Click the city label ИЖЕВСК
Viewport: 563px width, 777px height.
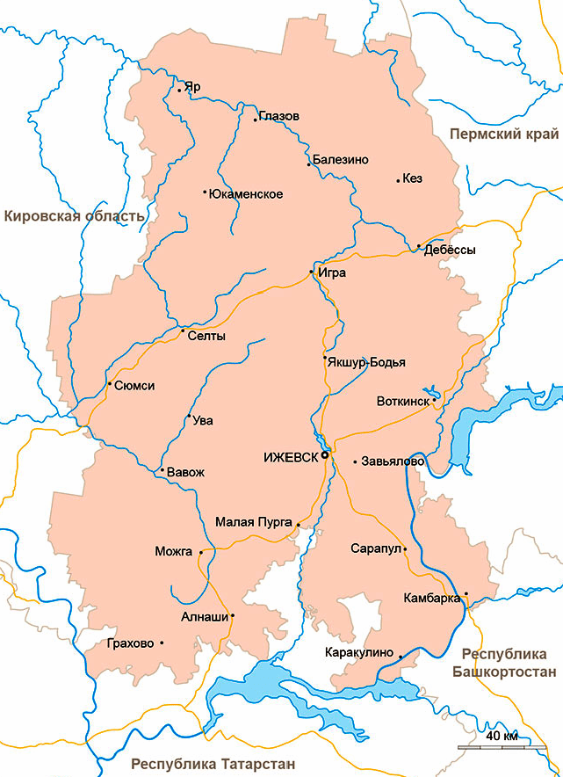pos(290,456)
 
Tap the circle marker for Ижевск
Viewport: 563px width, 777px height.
pos(325,455)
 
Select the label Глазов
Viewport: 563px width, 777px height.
pos(279,116)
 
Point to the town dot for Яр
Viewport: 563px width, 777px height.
pos(179,90)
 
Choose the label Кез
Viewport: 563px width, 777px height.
pos(412,178)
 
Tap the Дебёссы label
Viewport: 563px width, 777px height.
pos(450,250)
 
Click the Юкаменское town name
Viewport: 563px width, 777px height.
pos(245,193)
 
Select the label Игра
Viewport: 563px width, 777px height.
pos(331,272)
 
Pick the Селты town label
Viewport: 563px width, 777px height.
pos(206,336)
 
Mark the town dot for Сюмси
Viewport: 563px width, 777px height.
pos(109,383)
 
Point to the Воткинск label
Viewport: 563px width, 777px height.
pos(402,401)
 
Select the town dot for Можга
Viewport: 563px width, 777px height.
pos(201,552)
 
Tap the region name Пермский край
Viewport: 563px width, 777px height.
pos(503,134)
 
